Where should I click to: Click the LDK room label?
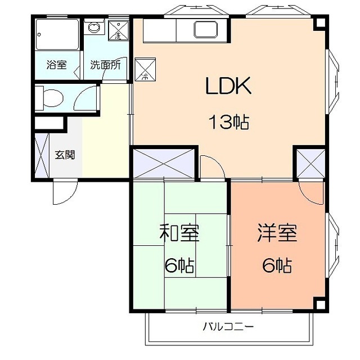228,86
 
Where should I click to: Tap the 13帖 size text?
228,122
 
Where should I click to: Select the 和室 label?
179,232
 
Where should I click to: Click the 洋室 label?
277,232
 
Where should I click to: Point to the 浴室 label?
56,65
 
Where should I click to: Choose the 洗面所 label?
105,65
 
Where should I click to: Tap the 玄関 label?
65,155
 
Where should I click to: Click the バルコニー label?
228,326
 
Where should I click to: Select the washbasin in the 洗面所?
94,28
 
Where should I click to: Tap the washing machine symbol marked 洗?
119,30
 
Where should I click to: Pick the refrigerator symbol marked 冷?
145,69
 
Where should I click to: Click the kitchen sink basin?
206,29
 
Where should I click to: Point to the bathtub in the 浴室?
57,34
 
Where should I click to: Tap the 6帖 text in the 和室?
179,265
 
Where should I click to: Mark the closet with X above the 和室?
164,163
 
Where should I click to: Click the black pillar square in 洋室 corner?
319,304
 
